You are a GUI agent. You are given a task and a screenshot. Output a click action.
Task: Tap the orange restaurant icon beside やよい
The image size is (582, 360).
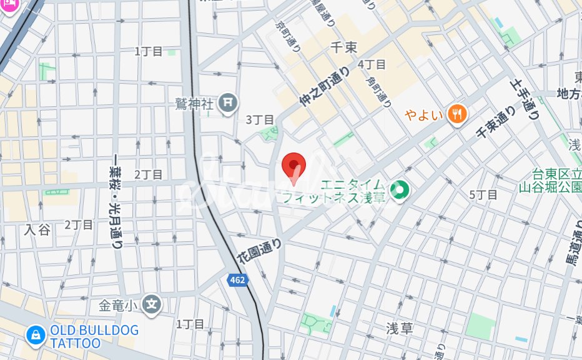click(458, 114)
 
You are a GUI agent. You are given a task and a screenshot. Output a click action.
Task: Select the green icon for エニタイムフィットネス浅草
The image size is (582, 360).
click(398, 190)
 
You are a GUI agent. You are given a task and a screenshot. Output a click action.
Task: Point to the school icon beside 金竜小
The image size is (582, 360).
click(151, 304)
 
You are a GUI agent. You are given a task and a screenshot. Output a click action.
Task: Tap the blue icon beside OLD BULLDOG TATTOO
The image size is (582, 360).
click(35, 335)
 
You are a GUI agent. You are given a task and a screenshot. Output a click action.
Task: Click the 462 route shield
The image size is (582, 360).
click(237, 280)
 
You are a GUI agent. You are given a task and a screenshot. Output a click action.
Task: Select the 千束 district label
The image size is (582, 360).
click(343, 47)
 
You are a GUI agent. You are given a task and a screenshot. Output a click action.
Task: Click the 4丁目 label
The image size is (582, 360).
click(372, 64)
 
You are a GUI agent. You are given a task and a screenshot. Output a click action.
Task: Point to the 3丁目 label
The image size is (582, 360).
click(260, 119)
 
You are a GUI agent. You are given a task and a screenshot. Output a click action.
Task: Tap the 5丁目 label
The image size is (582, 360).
click(483, 194)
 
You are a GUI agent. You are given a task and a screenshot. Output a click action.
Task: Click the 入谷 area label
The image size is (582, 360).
click(37, 229)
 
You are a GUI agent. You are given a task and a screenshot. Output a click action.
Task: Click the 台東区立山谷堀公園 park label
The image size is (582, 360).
click(550, 180)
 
